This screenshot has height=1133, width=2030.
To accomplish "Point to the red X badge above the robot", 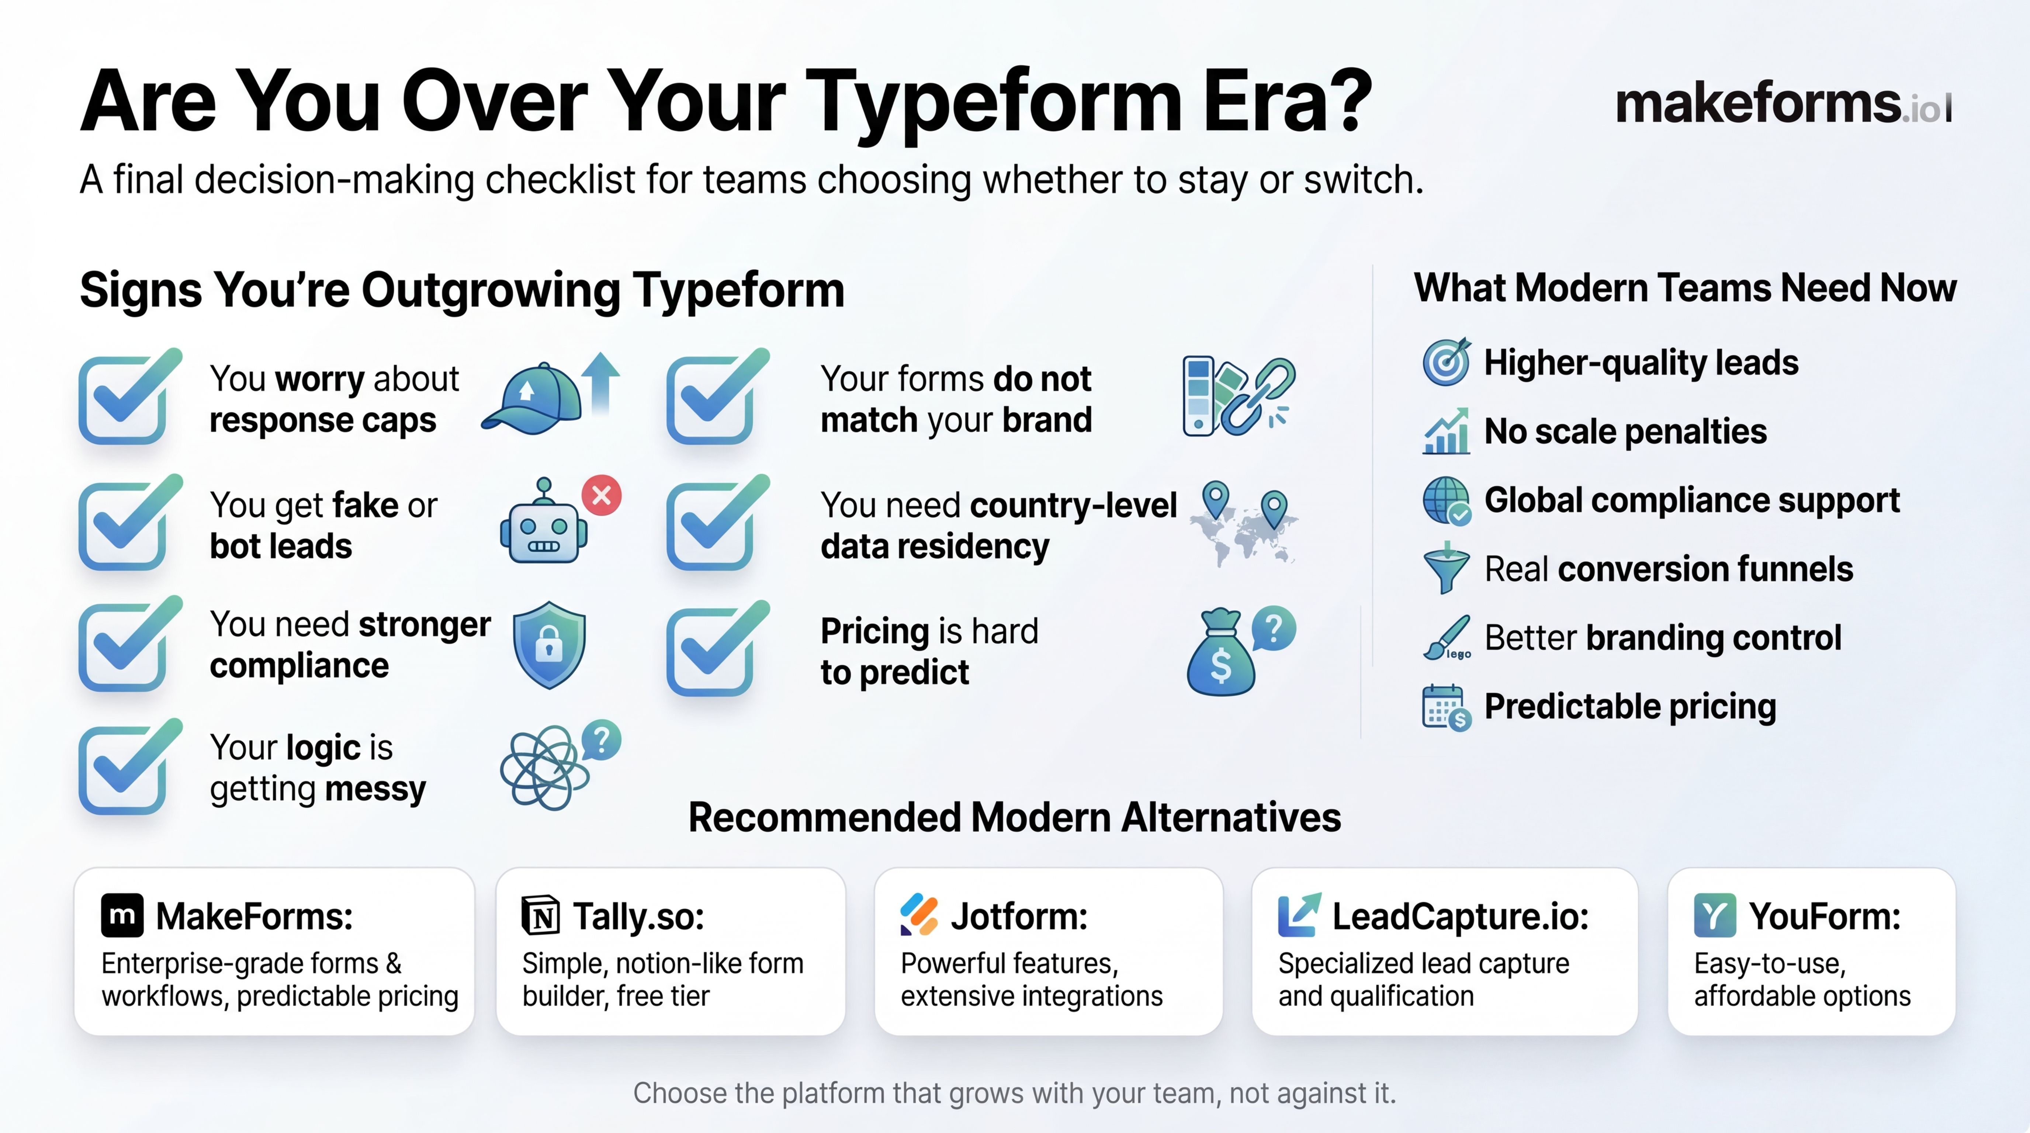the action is click(x=601, y=496).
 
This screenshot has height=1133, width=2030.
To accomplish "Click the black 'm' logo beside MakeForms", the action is click(x=122, y=915).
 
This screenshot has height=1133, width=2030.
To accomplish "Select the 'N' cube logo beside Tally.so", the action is click(x=541, y=915).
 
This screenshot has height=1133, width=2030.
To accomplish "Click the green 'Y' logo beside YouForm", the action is click(x=1715, y=915).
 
